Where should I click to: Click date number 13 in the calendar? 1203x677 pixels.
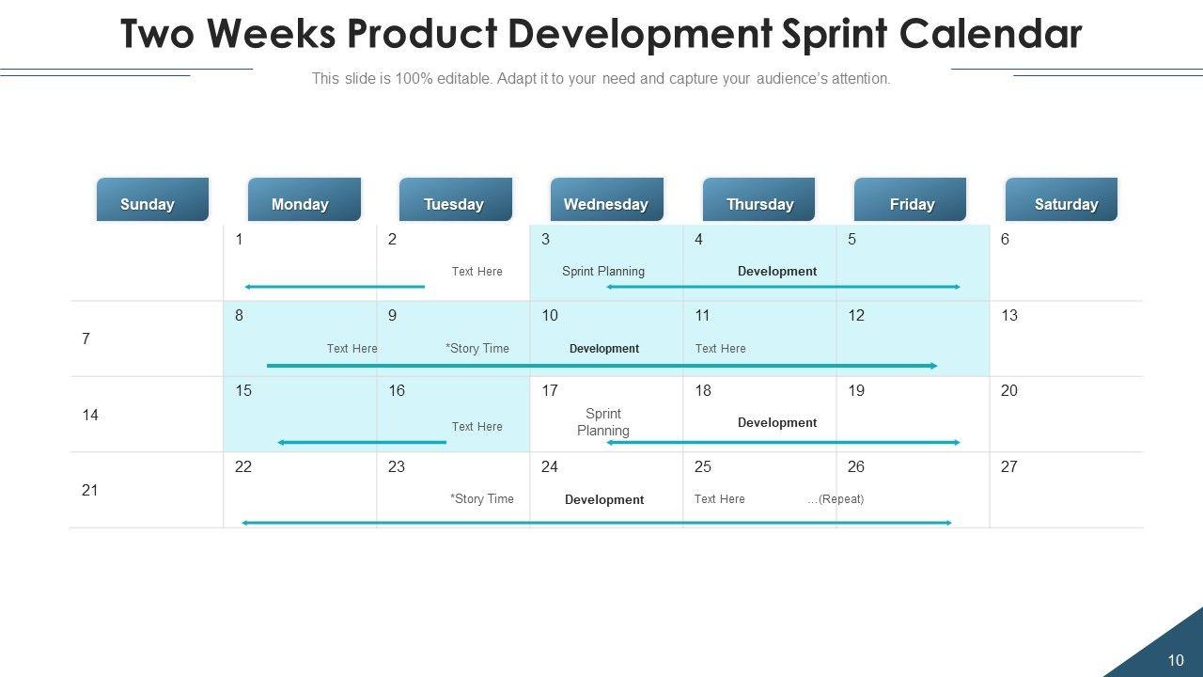click(1009, 315)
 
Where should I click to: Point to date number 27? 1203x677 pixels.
click(1009, 466)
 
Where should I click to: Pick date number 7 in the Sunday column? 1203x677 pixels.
click(86, 338)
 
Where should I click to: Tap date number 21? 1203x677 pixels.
click(90, 490)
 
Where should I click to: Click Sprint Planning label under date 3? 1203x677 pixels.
click(603, 271)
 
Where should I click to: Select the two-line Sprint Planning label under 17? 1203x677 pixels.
click(603, 422)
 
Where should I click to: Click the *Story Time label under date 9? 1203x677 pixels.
click(477, 348)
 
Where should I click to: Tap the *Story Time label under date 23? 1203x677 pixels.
click(482, 499)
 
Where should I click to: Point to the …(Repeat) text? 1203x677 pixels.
click(836, 499)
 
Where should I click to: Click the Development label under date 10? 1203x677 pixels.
click(604, 349)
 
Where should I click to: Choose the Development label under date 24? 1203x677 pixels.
click(604, 500)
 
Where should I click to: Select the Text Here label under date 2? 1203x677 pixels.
click(477, 271)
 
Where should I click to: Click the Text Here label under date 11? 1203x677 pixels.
click(721, 348)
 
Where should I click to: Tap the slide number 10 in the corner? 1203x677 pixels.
click(1176, 660)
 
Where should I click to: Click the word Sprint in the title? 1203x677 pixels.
click(833, 35)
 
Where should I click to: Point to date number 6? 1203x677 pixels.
click(1006, 239)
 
